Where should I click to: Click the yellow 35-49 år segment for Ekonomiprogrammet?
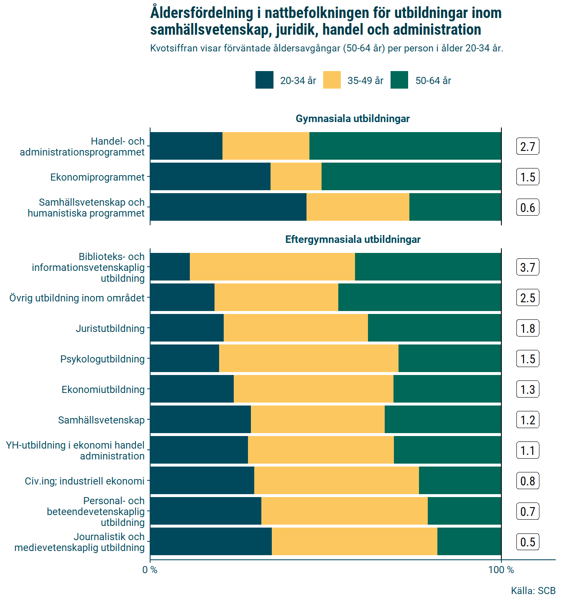point(296,176)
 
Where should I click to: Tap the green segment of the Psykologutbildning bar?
point(450,358)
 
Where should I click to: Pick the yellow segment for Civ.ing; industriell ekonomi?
point(336,480)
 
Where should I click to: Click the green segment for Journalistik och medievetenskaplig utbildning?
point(469,541)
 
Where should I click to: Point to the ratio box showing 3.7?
point(528,267)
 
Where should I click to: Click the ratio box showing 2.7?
point(528,146)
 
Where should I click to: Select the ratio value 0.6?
point(528,207)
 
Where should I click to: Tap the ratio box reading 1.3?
point(528,389)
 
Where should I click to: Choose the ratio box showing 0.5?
point(528,542)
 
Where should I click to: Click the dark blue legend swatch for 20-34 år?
point(264,80)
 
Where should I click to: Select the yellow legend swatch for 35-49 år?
point(332,80)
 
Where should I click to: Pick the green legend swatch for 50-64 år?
point(399,80)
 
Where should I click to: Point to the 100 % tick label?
point(501,570)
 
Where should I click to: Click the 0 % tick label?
point(150,570)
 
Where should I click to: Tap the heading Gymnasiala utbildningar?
point(353,119)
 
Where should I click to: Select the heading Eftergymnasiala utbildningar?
point(353,240)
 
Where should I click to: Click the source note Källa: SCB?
point(533,591)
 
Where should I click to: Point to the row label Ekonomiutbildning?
point(103,390)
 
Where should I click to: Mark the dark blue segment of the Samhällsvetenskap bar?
point(200,419)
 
